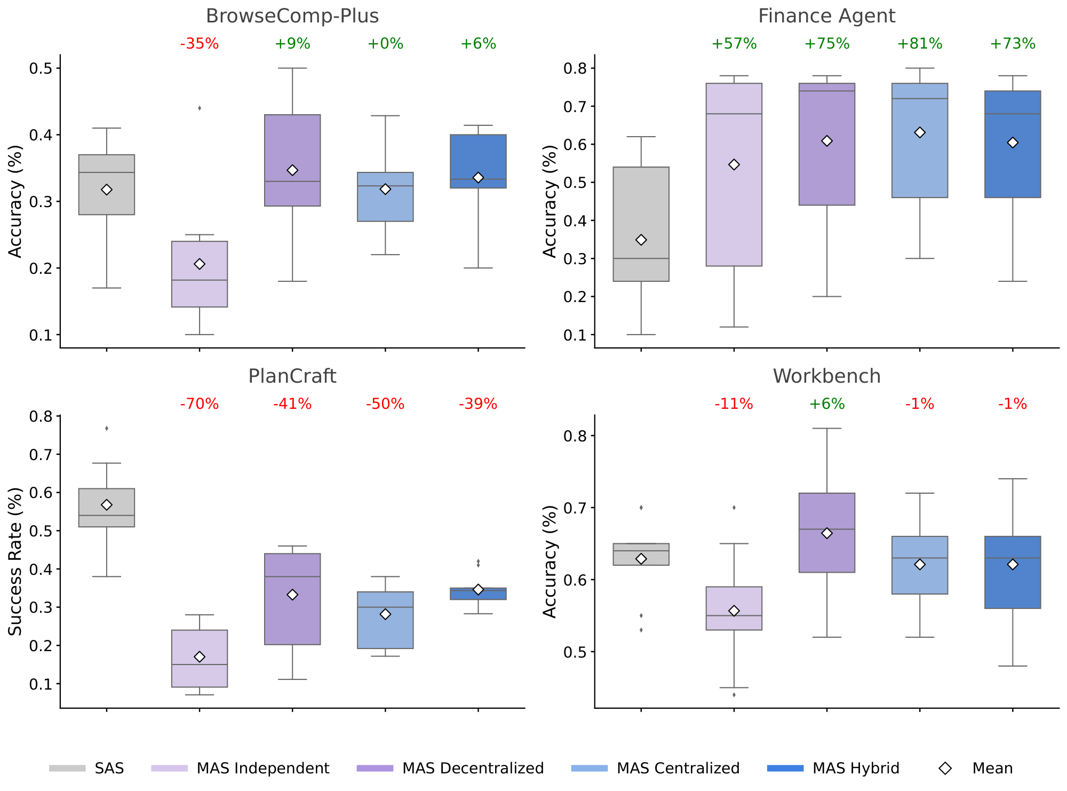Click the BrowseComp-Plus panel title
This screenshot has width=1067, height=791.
coord(292,16)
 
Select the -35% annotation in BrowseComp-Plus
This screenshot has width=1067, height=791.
coord(200,44)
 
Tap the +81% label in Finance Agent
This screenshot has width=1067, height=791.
coord(920,44)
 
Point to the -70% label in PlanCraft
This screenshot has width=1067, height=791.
coord(200,404)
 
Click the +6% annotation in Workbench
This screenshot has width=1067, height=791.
coord(827,404)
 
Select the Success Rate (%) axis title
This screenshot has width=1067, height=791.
coord(15,561)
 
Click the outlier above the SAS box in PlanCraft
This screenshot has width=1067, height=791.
coord(107,428)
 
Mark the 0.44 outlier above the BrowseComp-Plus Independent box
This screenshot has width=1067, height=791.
coord(200,108)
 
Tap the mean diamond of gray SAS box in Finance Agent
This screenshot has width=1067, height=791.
coord(641,240)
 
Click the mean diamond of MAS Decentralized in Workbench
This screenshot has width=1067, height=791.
coord(827,533)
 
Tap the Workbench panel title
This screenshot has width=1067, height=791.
coord(826,376)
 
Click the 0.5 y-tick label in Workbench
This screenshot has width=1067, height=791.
coord(575,652)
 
